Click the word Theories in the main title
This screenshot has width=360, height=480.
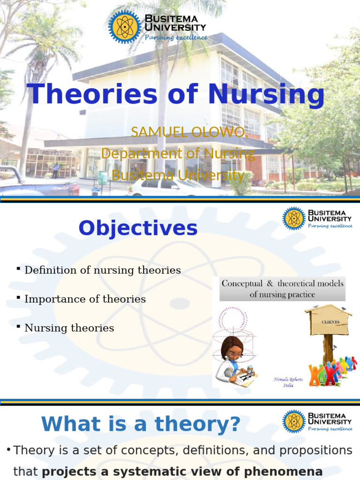92,94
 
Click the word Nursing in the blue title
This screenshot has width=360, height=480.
266,94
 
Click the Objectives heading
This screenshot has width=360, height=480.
138,228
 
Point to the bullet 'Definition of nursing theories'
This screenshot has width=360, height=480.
102,270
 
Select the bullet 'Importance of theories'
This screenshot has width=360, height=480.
85,299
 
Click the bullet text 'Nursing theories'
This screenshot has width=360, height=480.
69,328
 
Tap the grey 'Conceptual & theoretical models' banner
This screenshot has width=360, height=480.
282,289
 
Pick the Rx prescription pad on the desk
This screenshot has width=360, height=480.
244,378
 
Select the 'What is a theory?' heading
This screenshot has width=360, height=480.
141,424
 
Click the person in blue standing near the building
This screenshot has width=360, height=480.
56,170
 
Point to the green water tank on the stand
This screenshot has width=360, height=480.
102,178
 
